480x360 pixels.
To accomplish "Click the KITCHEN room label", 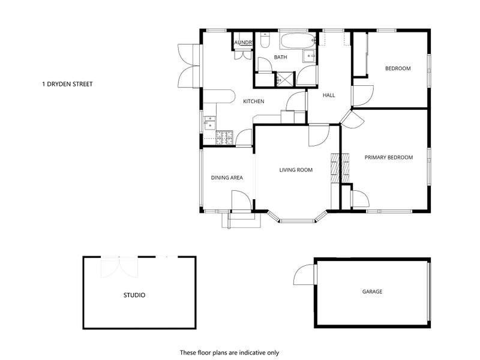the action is pyautogui.click(x=253, y=101).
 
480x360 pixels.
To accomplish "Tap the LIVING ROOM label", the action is pyautogui.click(x=296, y=170).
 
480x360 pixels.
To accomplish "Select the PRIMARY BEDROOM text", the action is pyautogui.click(x=388, y=157).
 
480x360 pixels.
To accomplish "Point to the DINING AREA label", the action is pyautogui.click(x=227, y=178).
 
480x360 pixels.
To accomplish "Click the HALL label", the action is pyautogui.click(x=329, y=95).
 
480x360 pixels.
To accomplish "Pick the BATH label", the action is pyautogui.click(x=280, y=57).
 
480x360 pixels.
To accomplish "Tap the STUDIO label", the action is pyautogui.click(x=134, y=295).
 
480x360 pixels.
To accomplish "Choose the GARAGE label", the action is pyautogui.click(x=372, y=292).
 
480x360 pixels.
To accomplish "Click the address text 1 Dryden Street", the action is pyautogui.click(x=67, y=84).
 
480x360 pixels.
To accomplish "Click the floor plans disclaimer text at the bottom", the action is pyautogui.click(x=229, y=353).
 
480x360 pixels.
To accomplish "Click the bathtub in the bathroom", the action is pyautogui.click(x=298, y=41).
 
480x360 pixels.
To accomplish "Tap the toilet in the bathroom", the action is pyautogui.click(x=265, y=40).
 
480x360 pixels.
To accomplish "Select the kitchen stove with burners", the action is pyautogui.click(x=224, y=137).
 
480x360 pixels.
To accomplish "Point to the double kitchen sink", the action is pyautogui.click(x=210, y=122).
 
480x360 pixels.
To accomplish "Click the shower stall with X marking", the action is pyautogui.click(x=285, y=79).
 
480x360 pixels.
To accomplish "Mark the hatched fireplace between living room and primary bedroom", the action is pyautogui.click(x=340, y=168).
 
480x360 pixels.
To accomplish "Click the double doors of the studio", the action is pyautogui.click(x=119, y=267).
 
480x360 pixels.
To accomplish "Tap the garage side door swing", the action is pyautogui.click(x=304, y=275).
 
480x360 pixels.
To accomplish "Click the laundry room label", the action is pyautogui.click(x=244, y=43).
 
